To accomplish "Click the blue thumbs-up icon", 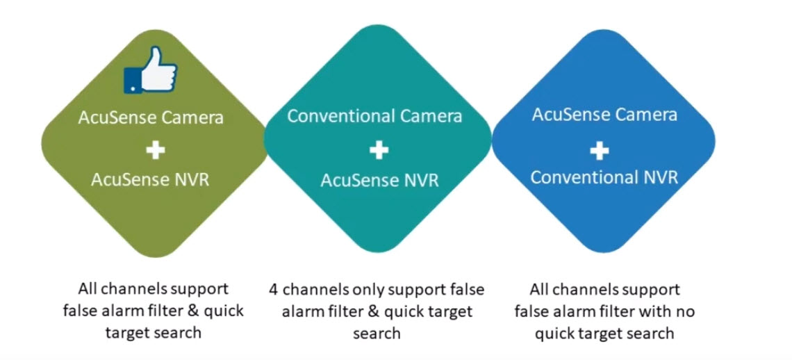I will coord(151,72).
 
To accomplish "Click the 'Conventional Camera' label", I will coord(374,115).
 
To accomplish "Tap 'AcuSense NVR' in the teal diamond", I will coord(379,181).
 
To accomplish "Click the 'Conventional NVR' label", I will coord(604,177).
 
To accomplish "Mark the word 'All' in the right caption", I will coord(541,288).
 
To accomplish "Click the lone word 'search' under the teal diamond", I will coord(377,334).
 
